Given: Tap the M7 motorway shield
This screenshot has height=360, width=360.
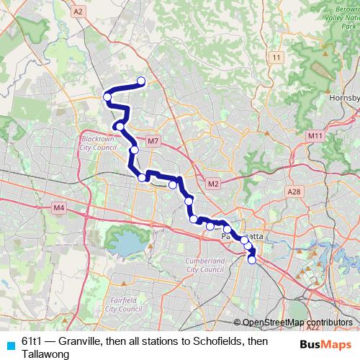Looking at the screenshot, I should click(x=152, y=141).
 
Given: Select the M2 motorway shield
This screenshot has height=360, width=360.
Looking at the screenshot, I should click(x=212, y=184).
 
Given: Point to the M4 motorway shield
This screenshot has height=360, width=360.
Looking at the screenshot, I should click(x=59, y=208).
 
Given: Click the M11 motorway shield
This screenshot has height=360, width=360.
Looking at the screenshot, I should click(x=315, y=135).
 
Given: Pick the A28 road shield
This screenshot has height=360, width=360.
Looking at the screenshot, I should click(x=293, y=192).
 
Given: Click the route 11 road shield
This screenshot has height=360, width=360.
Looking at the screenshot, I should click(x=276, y=56).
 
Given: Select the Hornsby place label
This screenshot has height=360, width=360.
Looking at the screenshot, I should click(x=343, y=98).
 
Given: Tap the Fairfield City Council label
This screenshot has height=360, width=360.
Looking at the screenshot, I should click(x=120, y=303).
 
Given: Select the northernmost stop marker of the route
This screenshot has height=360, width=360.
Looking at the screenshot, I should click(x=141, y=81).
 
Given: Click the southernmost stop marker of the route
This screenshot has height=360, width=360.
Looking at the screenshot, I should click(x=252, y=260).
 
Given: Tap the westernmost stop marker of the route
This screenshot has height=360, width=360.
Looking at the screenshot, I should click(x=107, y=97).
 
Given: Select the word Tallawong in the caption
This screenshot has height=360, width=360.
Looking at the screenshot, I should click(x=45, y=354).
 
